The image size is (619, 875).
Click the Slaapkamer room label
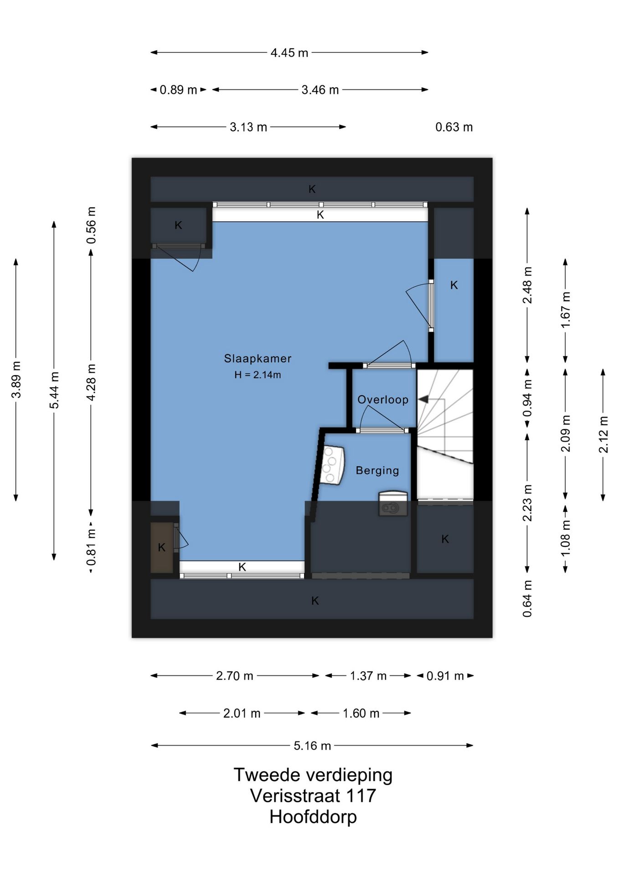(258, 359)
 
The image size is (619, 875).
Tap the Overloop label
(383, 400)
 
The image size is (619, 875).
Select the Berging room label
(377, 470)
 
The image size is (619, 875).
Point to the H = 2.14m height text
(258, 375)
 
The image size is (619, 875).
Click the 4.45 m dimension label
(289, 53)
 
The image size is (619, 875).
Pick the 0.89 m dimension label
(178, 90)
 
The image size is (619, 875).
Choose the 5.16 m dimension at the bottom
(312, 746)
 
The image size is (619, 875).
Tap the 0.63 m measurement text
(454, 127)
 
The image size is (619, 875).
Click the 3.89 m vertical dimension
(16, 380)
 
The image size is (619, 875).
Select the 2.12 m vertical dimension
(603, 435)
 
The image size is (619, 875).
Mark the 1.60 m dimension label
(361, 713)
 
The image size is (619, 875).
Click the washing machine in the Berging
(392, 504)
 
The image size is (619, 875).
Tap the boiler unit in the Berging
(332, 465)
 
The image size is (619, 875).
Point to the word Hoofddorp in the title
(313, 817)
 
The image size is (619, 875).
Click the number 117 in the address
(361, 796)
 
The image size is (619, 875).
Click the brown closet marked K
(162, 547)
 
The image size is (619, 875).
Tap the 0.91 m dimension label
(445, 676)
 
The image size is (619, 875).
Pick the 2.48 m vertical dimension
(527, 285)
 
